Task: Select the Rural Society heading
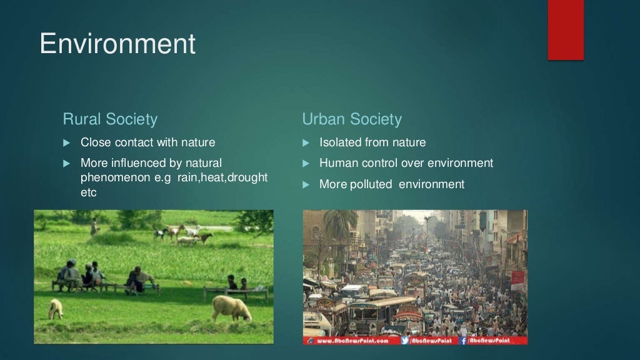(110, 119)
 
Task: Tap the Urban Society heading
(352, 119)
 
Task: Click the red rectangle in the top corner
(566, 30)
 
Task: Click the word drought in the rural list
(247, 178)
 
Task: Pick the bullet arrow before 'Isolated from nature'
(306, 143)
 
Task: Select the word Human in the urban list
(337, 163)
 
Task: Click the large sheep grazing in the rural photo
(231, 307)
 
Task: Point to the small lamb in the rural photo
(56, 308)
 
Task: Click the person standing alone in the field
(94, 226)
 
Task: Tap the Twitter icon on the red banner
(404, 341)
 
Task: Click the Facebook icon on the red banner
(464, 341)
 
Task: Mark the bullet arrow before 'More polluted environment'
(306, 184)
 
